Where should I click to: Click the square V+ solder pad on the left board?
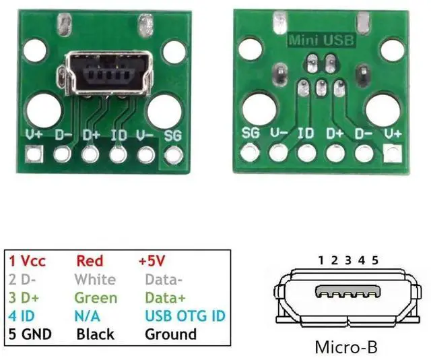[x=34, y=156]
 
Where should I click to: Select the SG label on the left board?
[x=173, y=135]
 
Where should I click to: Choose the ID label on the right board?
[x=306, y=132]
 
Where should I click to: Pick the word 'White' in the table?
[x=95, y=279]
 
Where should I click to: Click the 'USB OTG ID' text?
[x=185, y=316]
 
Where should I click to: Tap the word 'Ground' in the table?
[x=171, y=334]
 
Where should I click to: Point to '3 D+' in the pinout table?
[x=25, y=297]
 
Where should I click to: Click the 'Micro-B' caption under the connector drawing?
[x=345, y=348]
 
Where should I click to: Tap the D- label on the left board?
[x=64, y=135]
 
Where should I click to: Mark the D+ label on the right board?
[x=335, y=132]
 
